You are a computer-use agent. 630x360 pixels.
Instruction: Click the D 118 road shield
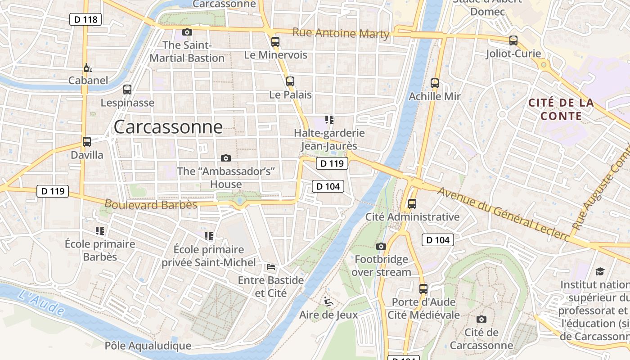[x=85, y=19]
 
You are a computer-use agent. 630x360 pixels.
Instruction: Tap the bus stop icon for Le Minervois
[x=275, y=42]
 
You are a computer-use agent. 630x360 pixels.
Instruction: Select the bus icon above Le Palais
[x=290, y=81]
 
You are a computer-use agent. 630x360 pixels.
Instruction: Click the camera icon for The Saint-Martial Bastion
[x=187, y=32]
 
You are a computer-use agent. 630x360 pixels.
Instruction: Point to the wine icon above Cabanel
[x=88, y=68]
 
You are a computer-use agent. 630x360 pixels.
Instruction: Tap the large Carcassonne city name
[x=168, y=127]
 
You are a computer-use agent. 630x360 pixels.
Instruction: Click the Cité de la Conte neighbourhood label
[x=561, y=109]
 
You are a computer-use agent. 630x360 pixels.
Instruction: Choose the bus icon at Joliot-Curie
[x=513, y=40]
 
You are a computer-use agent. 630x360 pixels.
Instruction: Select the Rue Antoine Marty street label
[x=341, y=33]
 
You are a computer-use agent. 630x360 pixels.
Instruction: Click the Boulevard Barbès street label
[x=151, y=205]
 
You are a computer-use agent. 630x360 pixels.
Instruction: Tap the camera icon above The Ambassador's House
[x=226, y=158]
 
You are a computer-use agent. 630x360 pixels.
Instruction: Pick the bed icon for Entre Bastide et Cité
[x=271, y=267]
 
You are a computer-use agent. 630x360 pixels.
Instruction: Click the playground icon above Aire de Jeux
[x=328, y=301]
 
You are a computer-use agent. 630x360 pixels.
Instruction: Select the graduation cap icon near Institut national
[x=600, y=271]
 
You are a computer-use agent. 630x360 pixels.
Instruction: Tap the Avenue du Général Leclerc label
[x=502, y=213]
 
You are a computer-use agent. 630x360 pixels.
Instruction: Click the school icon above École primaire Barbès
[x=100, y=231]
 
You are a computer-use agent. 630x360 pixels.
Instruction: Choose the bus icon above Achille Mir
[x=435, y=83]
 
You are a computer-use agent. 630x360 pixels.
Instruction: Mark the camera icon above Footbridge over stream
[x=381, y=246]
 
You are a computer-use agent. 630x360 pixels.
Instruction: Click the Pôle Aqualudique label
[x=148, y=346]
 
